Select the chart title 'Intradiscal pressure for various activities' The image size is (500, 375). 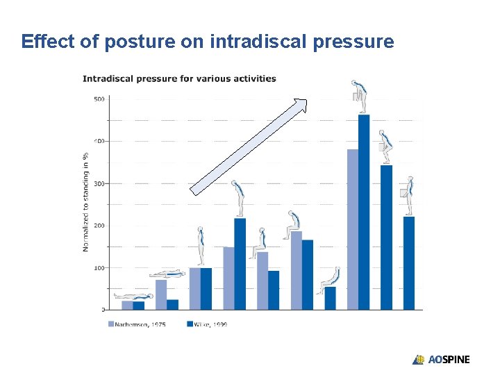(179, 78)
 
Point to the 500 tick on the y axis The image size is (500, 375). (99, 99)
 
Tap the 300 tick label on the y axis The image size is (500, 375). (99, 183)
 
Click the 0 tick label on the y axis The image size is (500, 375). (103, 310)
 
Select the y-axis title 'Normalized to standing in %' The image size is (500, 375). (86, 201)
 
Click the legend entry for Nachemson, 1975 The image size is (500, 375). (137, 324)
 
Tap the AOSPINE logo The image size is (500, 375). (441, 360)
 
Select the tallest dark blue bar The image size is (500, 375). (364, 212)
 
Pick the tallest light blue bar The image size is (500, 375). (353, 229)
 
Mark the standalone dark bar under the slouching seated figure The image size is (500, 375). (330, 298)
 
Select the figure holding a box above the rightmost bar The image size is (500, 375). (408, 195)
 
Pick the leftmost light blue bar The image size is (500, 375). (127, 305)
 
